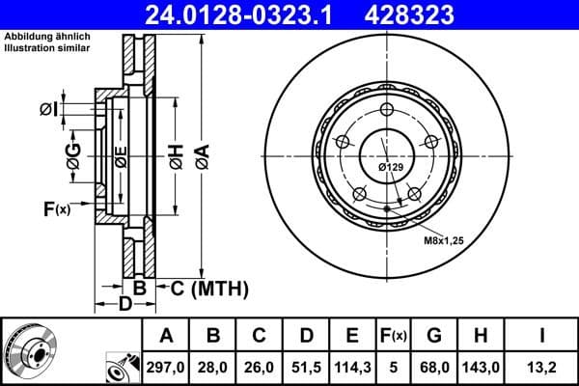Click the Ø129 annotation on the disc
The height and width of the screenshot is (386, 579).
pos(390,167)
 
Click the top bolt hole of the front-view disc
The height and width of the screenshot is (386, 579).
pos(386,108)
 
